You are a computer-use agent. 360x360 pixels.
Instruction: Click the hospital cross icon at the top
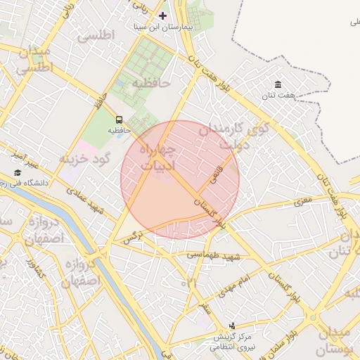pyautogui.click(x=163, y=15)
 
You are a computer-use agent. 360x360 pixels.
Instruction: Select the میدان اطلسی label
pyautogui.click(x=32, y=61)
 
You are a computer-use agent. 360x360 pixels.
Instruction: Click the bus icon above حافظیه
pyautogui.click(x=118, y=120)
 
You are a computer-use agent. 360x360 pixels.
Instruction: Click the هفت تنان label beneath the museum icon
pyautogui.click(x=278, y=96)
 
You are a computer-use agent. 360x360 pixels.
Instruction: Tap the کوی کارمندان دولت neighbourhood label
pyautogui.click(x=233, y=136)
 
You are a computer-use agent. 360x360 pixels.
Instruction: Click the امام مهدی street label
pyautogui.click(x=236, y=283)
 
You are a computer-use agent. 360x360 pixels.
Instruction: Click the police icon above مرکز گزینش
pyautogui.click(x=233, y=326)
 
